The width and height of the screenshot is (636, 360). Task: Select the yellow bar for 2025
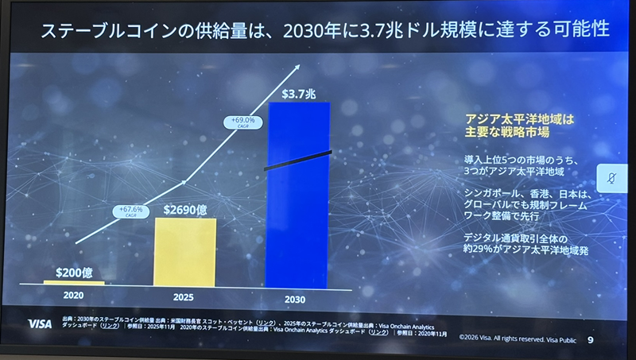click(x=185, y=251)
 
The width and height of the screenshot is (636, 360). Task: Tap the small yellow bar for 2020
click(x=74, y=282)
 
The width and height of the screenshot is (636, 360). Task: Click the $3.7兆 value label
click(x=299, y=94)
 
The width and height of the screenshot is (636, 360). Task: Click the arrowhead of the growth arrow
click(x=300, y=68)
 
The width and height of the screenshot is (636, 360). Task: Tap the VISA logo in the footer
click(x=39, y=323)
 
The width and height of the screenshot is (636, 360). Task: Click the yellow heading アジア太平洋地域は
click(x=518, y=118)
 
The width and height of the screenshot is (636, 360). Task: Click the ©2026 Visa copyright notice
click(x=516, y=341)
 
